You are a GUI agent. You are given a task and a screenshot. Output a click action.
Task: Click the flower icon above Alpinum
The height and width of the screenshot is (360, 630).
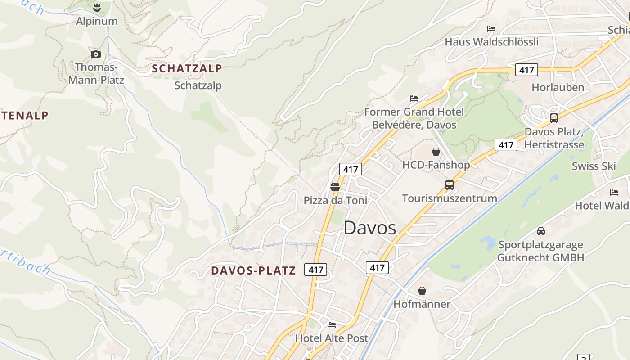click(x=96, y=7)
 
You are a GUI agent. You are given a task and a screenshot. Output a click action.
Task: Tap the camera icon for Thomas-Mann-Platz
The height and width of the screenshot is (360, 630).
click(x=96, y=54)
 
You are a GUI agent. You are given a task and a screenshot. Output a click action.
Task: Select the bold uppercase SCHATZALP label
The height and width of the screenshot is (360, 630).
click(x=187, y=69)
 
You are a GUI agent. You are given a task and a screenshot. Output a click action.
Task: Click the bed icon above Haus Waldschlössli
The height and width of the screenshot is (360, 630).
click(x=491, y=29)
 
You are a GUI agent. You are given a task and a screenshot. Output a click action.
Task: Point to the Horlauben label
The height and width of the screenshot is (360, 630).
click(x=558, y=87)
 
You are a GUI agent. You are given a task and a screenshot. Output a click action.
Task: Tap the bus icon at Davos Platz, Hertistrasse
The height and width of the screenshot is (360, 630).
click(x=554, y=118)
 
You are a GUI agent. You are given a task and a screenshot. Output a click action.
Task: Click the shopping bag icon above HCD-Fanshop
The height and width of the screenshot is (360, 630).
click(x=436, y=152)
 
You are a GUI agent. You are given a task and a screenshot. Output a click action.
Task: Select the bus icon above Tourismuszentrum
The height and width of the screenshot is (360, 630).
click(x=449, y=185)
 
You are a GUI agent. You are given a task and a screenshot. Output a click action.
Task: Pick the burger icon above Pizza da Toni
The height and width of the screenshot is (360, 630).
click(x=335, y=187)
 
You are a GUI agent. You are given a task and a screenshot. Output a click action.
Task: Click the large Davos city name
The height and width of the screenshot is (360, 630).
click(x=370, y=228)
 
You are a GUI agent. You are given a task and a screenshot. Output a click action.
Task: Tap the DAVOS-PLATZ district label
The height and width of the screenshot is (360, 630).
click(x=254, y=270)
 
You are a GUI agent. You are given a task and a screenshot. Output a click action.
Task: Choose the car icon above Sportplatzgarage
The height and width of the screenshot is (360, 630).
click(x=541, y=231)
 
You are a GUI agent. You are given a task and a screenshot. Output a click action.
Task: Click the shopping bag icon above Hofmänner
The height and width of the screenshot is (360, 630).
click(x=422, y=291)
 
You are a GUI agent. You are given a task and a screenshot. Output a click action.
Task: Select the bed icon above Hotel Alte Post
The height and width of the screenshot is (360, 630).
click(x=332, y=324)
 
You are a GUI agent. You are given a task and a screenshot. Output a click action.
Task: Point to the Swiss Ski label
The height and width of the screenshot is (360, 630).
click(x=594, y=166)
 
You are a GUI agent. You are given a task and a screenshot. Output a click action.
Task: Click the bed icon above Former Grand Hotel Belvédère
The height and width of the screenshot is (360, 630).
click(x=414, y=98)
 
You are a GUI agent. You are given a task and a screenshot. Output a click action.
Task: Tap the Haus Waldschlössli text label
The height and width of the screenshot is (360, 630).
click(x=491, y=42)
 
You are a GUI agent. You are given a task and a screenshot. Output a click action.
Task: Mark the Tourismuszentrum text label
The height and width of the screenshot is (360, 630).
click(x=449, y=198)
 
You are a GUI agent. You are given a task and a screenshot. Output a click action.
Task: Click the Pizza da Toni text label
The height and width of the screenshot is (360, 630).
click(x=335, y=201)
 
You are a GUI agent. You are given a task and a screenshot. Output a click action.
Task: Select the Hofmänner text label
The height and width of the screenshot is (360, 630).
click(x=422, y=304)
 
